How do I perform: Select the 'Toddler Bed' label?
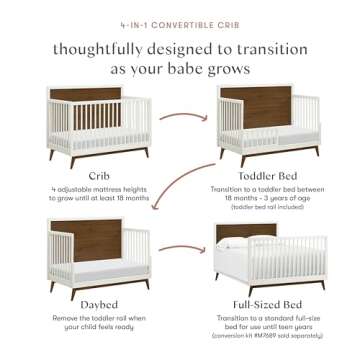point(268,172)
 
